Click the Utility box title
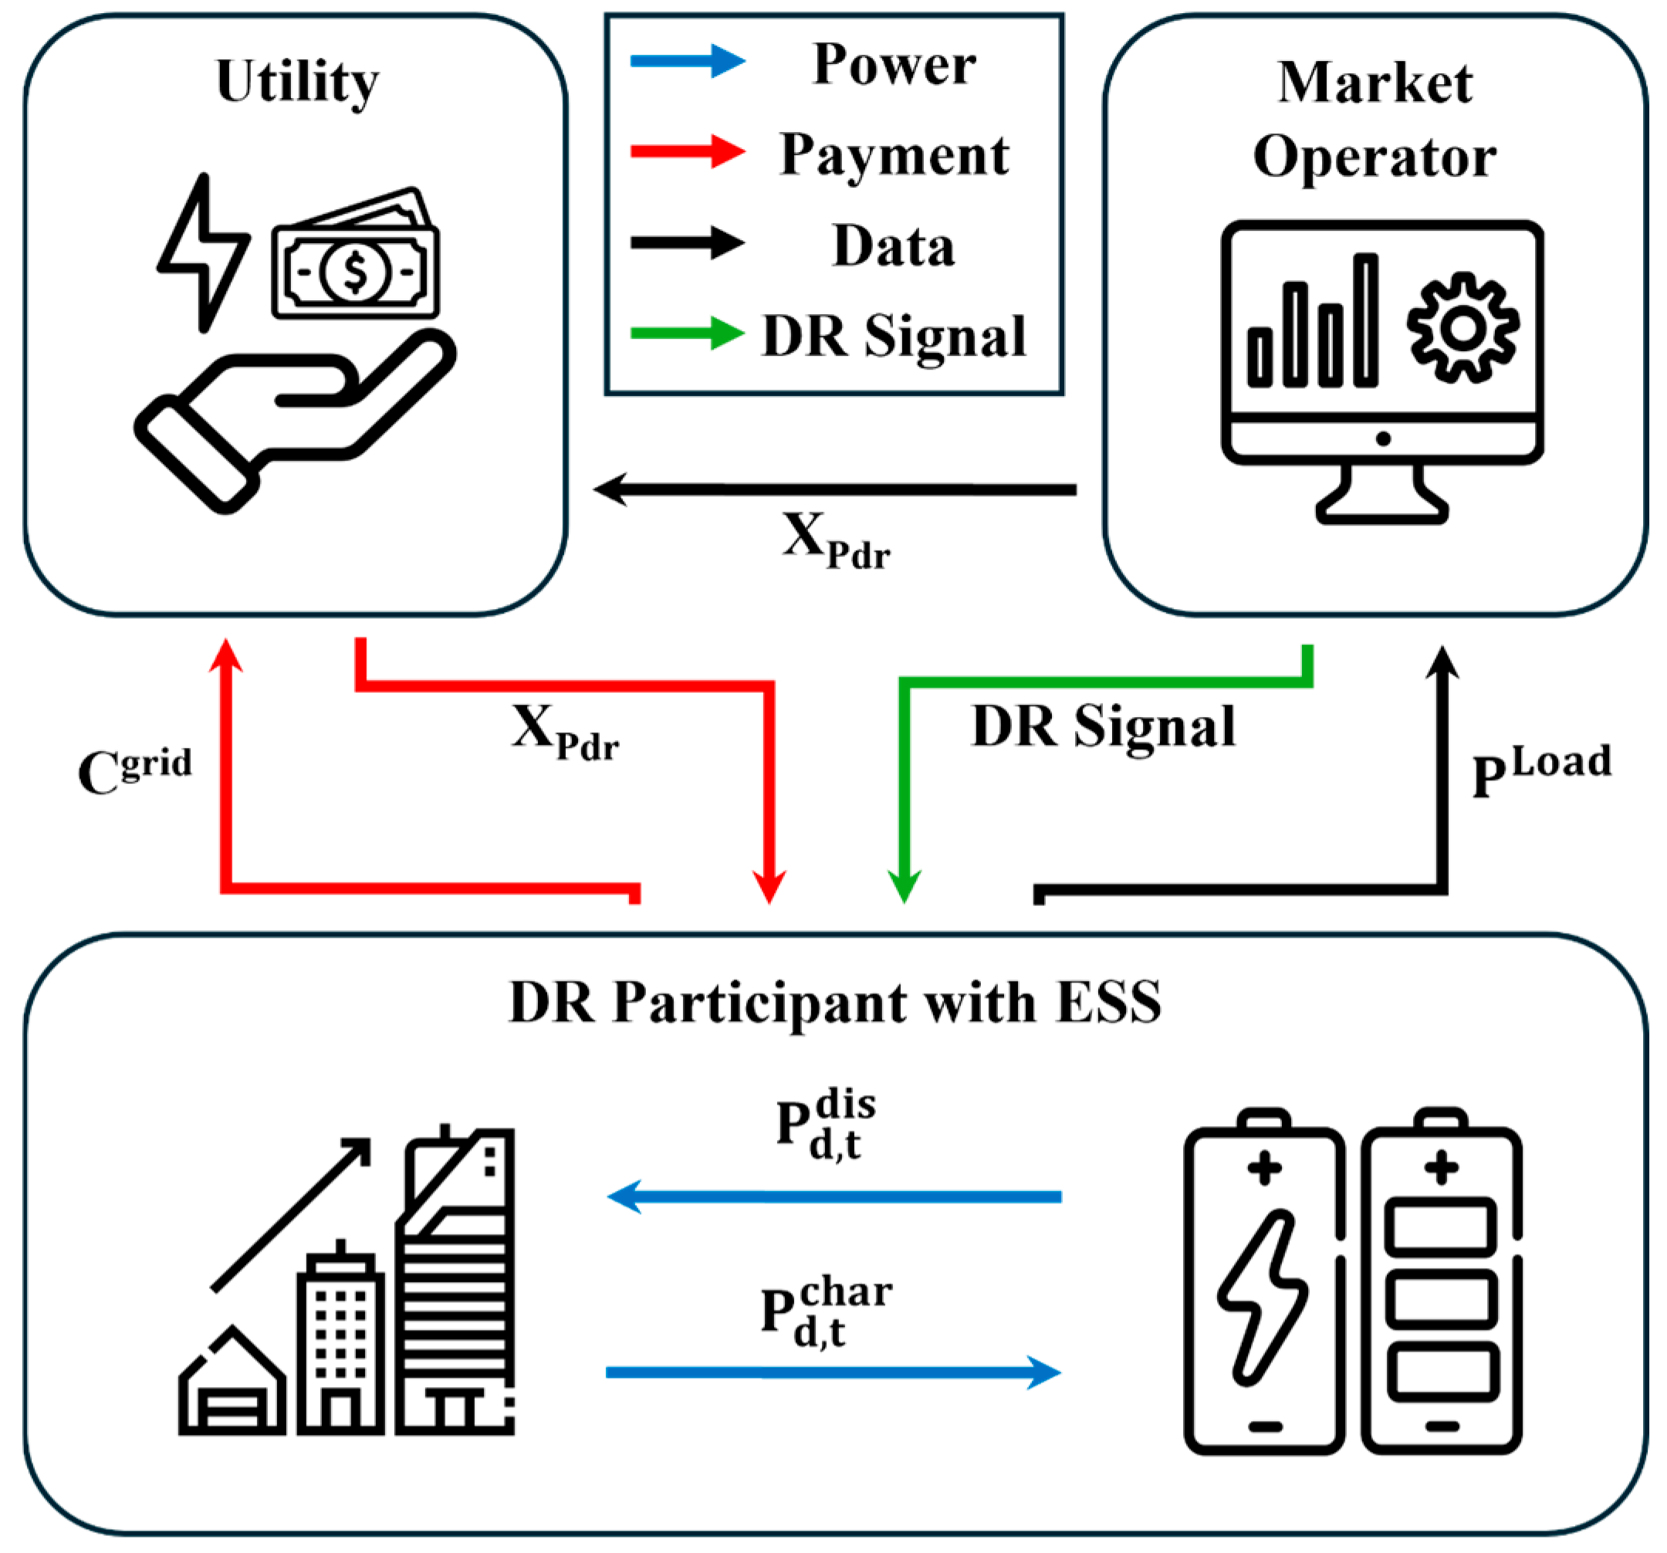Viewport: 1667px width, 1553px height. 298,82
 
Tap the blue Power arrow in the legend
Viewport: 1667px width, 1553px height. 687,60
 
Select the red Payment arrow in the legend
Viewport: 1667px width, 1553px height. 687,151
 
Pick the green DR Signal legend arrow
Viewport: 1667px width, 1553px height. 687,333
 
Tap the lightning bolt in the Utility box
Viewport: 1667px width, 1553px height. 202,252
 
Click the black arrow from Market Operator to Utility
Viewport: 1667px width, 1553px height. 839,489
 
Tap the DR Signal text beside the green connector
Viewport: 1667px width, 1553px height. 1103,726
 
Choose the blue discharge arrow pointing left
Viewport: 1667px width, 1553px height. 834,1196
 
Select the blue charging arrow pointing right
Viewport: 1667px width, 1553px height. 834,1372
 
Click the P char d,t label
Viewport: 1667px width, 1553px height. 826,1313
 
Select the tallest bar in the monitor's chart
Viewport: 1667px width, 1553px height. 1365,320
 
